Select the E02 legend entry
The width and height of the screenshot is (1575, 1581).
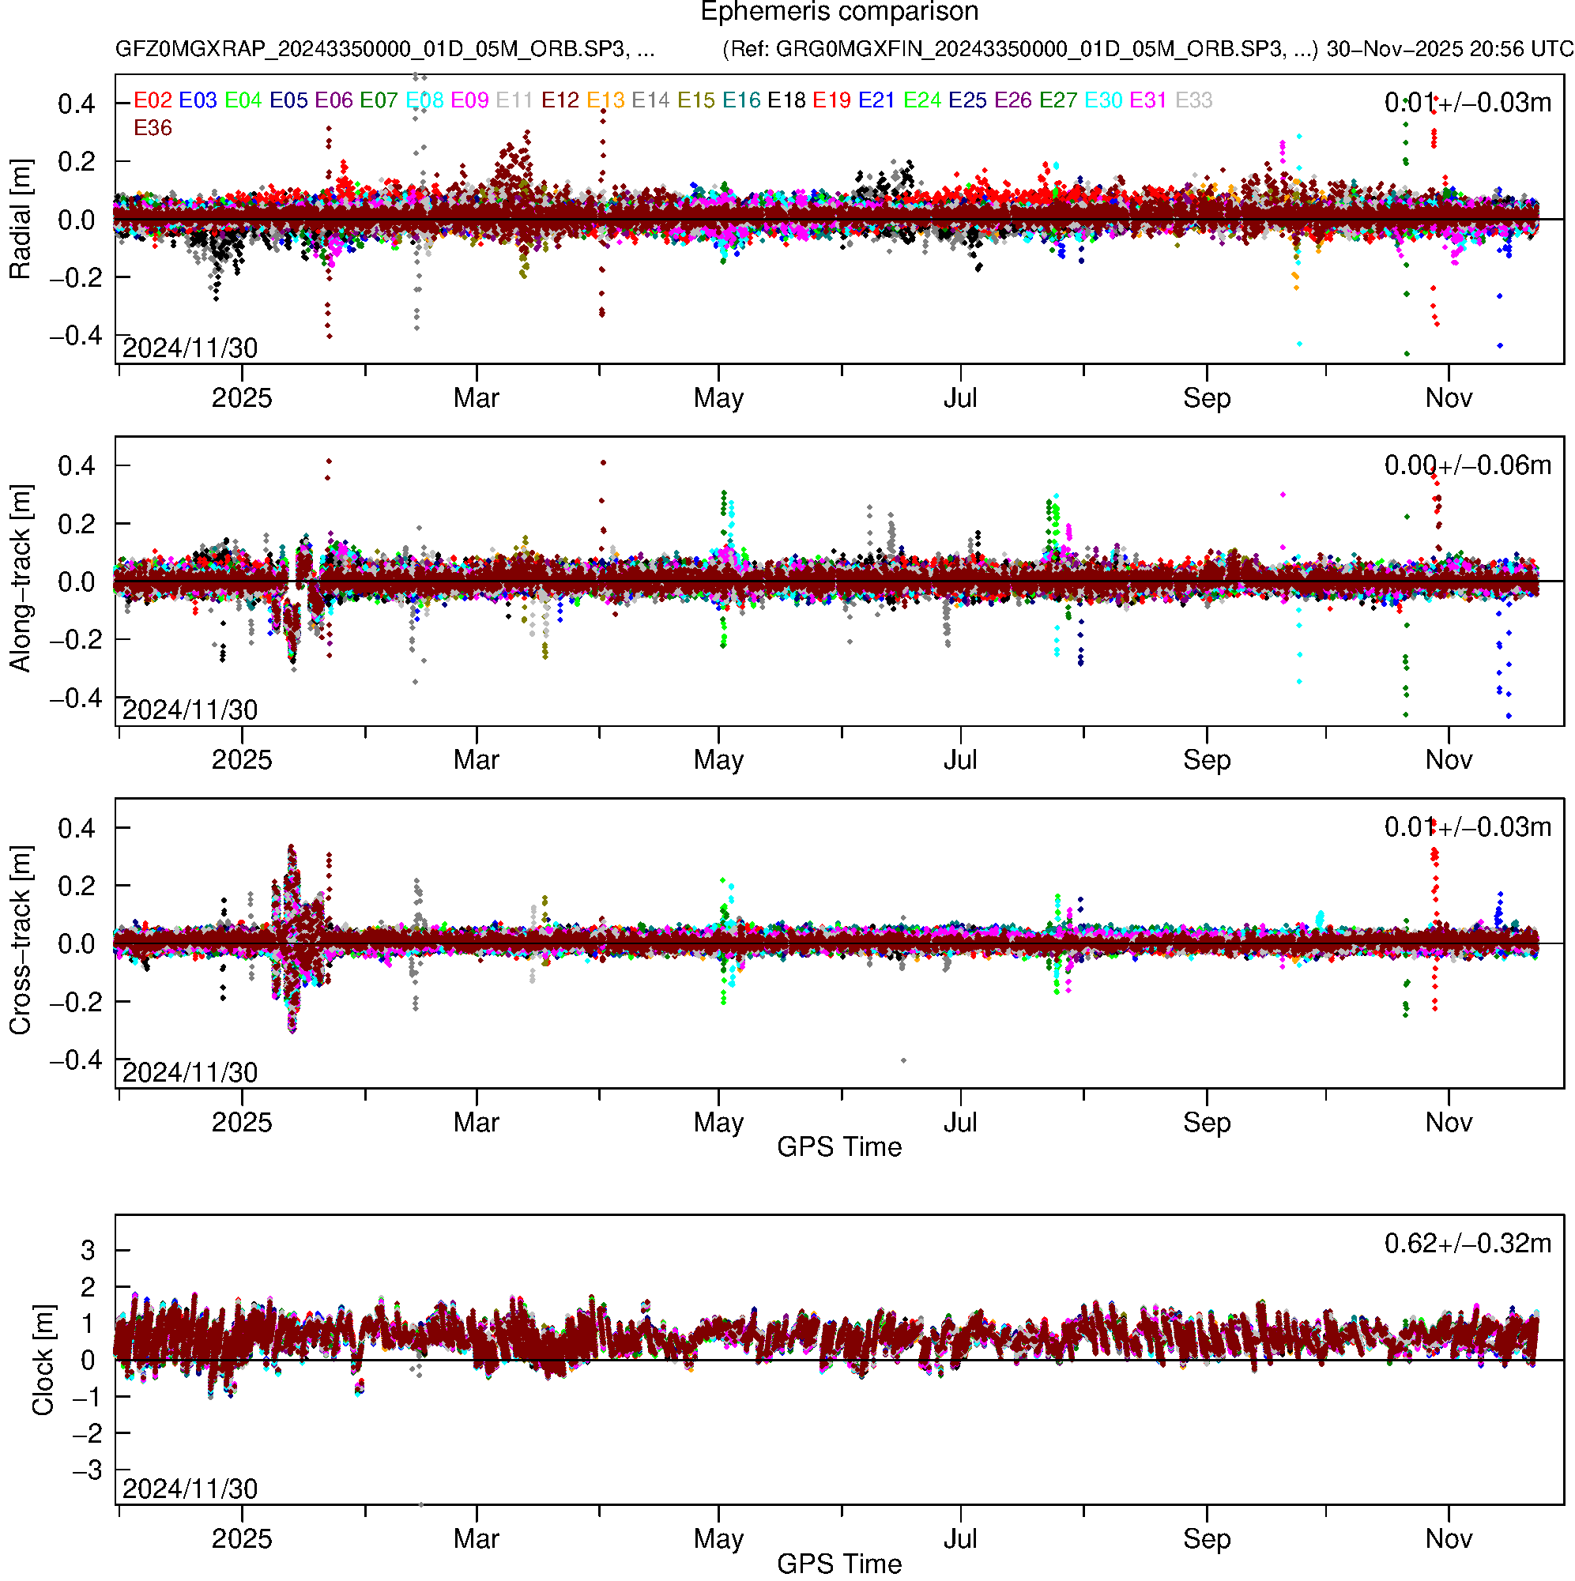click(x=153, y=100)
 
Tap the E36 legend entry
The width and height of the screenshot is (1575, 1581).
click(x=153, y=129)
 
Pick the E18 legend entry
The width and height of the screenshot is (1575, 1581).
click(x=786, y=100)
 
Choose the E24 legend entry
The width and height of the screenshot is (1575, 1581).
click(x=921, y=100)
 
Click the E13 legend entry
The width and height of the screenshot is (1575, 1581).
click(x=605, y=100)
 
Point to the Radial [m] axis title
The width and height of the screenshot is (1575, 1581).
click(x=21, y=220)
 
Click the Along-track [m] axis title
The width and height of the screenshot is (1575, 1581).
click(x=21, y=578)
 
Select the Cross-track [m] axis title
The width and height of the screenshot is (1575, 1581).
click(x=21, y=941)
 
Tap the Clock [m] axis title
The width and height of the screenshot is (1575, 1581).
click(x=43, y=1360)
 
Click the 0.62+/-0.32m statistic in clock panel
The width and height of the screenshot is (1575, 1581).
click(x=1467, y=1244)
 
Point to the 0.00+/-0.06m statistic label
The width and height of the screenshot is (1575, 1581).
click(x=1467, y=465)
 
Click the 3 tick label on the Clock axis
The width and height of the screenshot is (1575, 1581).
click(x=88, y=1251)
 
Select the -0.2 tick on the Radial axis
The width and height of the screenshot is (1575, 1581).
click(x=76, y=278)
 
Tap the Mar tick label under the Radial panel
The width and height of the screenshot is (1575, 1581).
click(x=477, y=398)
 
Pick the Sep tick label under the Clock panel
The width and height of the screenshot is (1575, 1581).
click(x=1207, y=1539)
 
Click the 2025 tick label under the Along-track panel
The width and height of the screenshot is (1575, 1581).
click(x=242, y=760)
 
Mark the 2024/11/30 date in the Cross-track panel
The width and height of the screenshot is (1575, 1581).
click(x=190, y=1072)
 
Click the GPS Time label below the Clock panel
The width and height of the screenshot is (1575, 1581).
click(x=839, y=1564)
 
